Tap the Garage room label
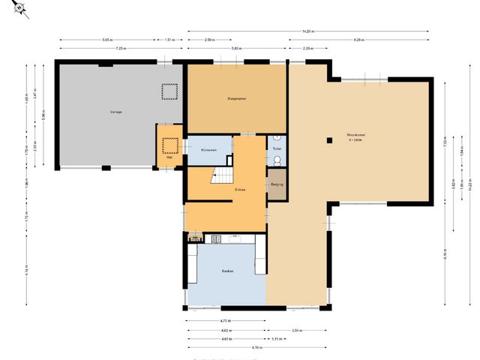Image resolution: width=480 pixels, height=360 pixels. [x=116, y=112]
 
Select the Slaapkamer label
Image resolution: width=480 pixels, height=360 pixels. [x=237, y=98]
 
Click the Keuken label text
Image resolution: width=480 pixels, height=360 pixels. [x=226, y=271]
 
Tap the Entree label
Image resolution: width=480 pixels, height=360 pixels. [x=240, y=190]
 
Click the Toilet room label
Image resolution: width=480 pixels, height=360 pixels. [x=277, y=149]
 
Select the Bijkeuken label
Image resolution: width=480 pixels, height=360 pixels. [x=208, y=150]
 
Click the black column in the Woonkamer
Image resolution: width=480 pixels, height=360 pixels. [x=328, y=139]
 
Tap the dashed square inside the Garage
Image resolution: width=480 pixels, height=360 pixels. [x=169, y=91]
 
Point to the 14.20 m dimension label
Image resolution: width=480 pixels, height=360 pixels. [x=307, y=31]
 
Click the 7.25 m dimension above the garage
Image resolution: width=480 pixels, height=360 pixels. [x=120, y=48]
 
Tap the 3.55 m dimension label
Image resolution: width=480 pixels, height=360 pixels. [x=296, y=330]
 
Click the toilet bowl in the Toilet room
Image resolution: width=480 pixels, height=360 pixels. [x=277, y=160]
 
